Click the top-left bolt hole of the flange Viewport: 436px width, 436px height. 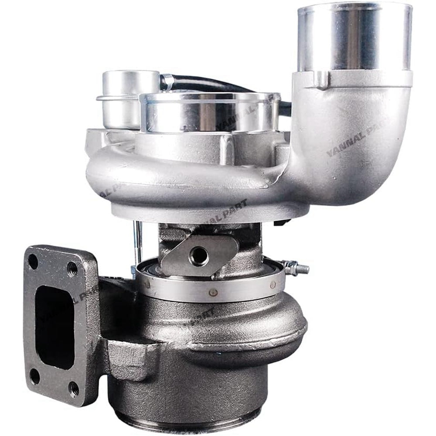[x=33, y=262]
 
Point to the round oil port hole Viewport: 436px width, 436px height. [x=199, y=256]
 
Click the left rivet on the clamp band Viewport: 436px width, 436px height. [x=148, y=286]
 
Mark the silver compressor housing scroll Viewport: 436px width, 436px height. [x=174, y=179]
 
